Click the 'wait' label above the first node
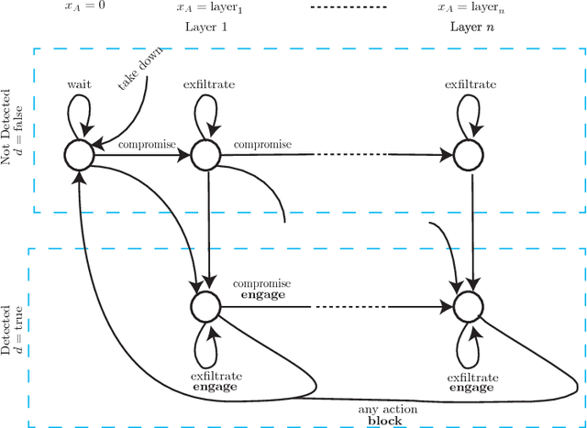click(78, 84)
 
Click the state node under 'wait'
click(78, 155)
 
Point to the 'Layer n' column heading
click(471, 27)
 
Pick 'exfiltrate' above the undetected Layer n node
click(471, 84)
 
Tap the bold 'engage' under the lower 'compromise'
click(261, 296)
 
